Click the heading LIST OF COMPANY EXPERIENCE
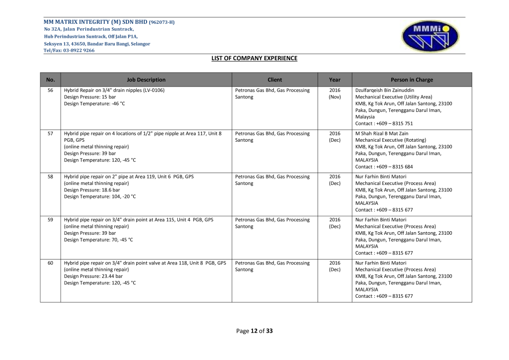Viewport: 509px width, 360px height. coord(254,58)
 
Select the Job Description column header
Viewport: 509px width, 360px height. coord(146,80)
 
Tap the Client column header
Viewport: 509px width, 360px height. coord(274,80)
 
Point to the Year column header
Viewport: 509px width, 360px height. coord(335,80)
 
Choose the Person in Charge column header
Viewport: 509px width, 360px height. coord(412,80)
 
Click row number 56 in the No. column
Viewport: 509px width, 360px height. coord(50,90)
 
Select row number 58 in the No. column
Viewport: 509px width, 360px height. coord(50,177)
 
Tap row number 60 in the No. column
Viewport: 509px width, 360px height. coord(50,263)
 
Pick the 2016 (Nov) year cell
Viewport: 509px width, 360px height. coord(335,93)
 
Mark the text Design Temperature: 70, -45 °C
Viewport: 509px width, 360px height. coord(98,240)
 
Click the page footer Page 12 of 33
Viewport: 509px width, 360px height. coord(254,331)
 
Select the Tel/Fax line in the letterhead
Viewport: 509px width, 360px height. coord(69,50)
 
